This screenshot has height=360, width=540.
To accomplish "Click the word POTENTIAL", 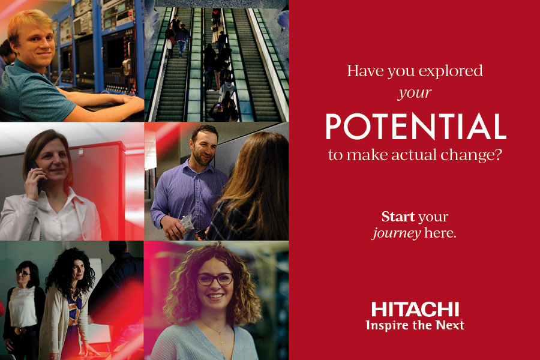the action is (x=416, y=127).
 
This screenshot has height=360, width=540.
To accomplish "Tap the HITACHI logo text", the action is (x=415, y=310).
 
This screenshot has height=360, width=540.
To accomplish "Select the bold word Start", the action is (x=398, y=217).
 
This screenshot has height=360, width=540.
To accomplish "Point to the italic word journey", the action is (x=397, y=234).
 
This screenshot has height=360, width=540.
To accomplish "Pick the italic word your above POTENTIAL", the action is (x=415, y=93).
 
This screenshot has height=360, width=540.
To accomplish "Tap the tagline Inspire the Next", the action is (x=415, y=325).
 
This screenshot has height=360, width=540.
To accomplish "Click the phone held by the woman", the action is (x=37, y=178).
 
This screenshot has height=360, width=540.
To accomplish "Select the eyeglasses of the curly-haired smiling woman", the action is (x=215, y=279).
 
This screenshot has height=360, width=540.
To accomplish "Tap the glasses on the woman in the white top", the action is (x=23, y=273).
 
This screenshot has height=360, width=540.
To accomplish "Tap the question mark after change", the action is (x=499, y=154).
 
